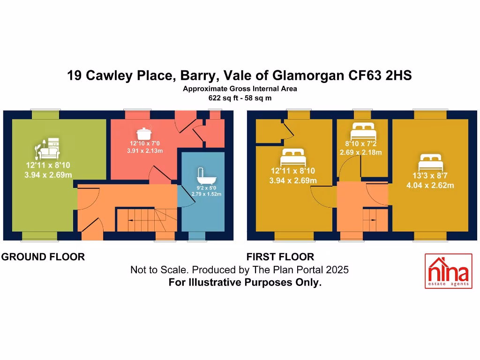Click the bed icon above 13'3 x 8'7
(431, 163)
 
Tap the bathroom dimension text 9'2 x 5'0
(206, 187)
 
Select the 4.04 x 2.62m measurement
(430, 185)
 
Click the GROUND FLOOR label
(43, 257)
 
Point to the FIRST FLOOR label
(280, 257)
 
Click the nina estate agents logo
(447, 271)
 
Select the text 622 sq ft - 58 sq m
(240, 98)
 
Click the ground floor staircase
(145, 220)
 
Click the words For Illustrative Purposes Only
(245, 283)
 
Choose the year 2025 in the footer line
(337, 270)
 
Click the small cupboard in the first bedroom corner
(269, 131)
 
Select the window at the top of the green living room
(45, 114)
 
